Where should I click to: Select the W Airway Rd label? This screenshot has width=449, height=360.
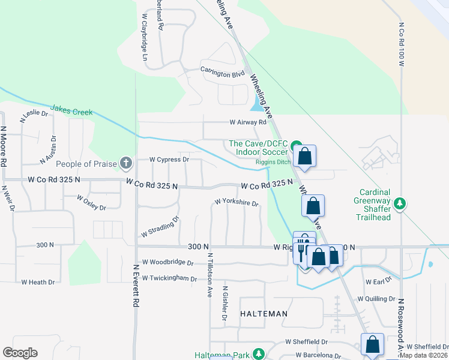pyautogui.click(x=248, y=122)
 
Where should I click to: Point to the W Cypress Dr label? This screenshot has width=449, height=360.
pyautogui.click(x=169, y=160)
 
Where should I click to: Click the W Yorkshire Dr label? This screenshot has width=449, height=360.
pyautogui.click(x=236, y=203)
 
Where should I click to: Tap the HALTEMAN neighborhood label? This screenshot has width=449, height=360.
pyautogui.click(x=264, y=314)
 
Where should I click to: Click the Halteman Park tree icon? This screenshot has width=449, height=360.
pyautogui.click(x=259, y=355)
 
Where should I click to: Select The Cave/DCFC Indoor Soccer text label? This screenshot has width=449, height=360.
pyautogui.click(x=258, y=148)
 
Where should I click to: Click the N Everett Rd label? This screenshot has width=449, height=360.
pyautogui.click(x=136, y=286)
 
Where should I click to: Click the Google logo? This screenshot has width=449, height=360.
pyautogui.click(x=20, y=353)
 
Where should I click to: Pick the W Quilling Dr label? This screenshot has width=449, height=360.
pyautogui.click(x=376, y=298)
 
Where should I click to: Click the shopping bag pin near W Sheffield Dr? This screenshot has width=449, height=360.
pyautogui.click(x=373, y=345)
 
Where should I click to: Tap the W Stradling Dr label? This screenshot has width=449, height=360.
pyautogui.click(x=160, y=227)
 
